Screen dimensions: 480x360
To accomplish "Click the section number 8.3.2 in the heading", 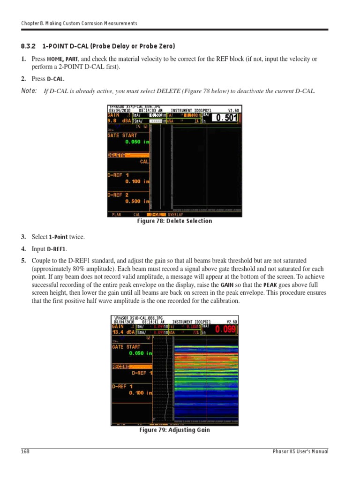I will [x=29, y=46].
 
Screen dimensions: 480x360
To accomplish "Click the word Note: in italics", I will [x=29, y=90].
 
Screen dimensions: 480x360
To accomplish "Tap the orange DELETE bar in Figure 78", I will [x=128, y=155].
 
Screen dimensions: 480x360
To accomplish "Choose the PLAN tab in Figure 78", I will [x=116, y=214].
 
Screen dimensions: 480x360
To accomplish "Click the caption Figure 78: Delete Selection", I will [x=174, y=221].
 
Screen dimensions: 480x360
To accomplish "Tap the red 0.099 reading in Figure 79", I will [x=226, y=330].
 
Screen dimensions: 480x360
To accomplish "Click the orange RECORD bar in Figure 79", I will [x=131, y=367].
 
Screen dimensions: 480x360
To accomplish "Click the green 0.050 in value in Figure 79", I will [x=140, y=353].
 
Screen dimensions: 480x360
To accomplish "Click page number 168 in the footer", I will [x=25, y=451].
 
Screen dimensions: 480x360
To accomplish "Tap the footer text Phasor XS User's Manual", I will [x=300, y=451].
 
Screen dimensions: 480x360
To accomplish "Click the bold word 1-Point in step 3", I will [x=59, y=237].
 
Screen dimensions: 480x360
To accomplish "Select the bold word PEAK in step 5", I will [x=270, y=285].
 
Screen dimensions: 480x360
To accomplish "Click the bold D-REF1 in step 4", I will [x=56, y=249].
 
